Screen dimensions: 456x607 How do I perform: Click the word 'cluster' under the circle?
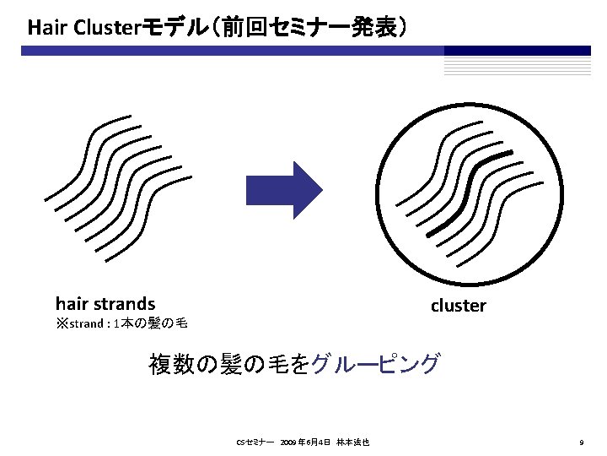pyautogui.click(x=458, y=306)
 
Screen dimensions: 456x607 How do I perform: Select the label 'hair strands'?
pyautogui.click(x=105, y=302)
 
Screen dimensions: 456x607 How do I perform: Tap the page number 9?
pyautogui.click(x=582, y=442)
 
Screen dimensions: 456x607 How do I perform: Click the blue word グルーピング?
pyautogui.click(x=375, y=365)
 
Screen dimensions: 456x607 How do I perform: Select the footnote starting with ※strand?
pyautogui.click(x=121, y=323)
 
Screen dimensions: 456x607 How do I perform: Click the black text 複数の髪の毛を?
pyautogui.click(x=229, y=365)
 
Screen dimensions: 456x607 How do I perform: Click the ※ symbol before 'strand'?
pyautogui.click(x=61, y=323)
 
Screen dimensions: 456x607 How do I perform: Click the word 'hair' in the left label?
pyautogui.click(x=71, y=302)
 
